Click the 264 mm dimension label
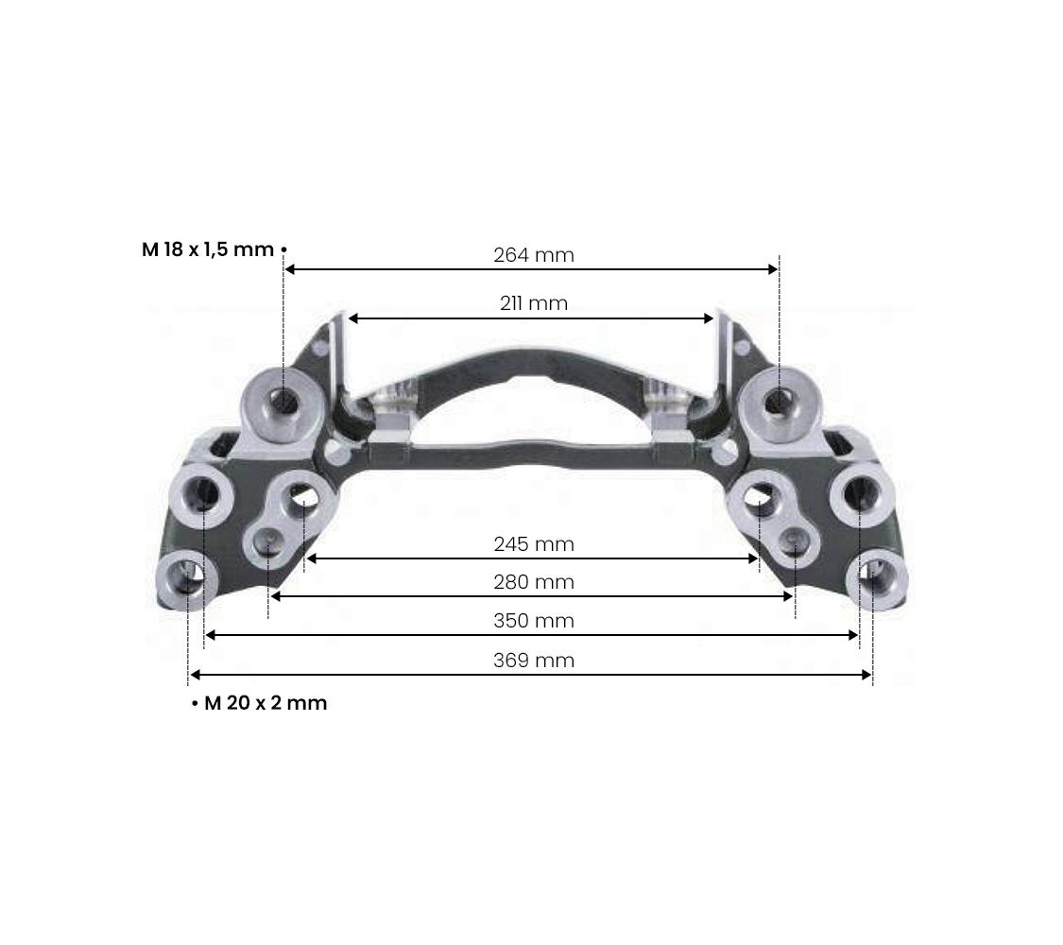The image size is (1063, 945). (533, 255)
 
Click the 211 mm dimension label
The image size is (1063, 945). (533, 303)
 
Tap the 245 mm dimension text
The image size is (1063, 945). (533, 544)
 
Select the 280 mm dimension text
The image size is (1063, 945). (533, 582)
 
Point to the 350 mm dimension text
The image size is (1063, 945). (533, 621)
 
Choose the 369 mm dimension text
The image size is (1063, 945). (533, 660)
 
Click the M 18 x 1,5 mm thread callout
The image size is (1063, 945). (208, 249)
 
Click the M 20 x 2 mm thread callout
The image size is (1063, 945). (265, 703)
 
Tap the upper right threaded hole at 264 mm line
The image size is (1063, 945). (777, 403)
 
